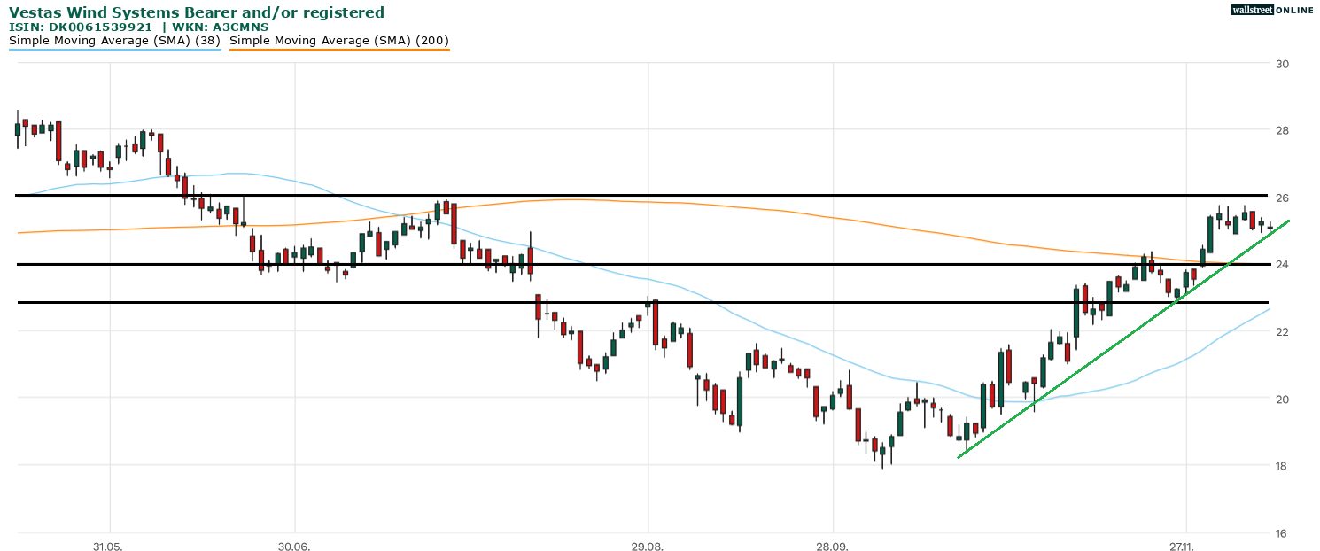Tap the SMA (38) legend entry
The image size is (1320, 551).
114,41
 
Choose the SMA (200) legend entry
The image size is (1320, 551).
339,41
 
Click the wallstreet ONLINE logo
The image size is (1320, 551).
1272,10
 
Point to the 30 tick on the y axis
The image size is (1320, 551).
1282,64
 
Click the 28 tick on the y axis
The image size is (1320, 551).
1282,131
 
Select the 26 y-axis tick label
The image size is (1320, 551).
1282,198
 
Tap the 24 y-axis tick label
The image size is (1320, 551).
1282,265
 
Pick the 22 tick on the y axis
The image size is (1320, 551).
1282,331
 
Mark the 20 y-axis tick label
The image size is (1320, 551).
1282,399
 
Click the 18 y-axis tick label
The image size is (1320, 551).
1282,466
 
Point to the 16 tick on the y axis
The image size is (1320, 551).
1282,532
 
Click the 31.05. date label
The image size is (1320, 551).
107,546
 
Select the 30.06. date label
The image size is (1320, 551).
294,546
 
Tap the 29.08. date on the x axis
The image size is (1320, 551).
648,546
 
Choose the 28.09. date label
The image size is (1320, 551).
834,546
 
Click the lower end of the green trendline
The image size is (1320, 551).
959,457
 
